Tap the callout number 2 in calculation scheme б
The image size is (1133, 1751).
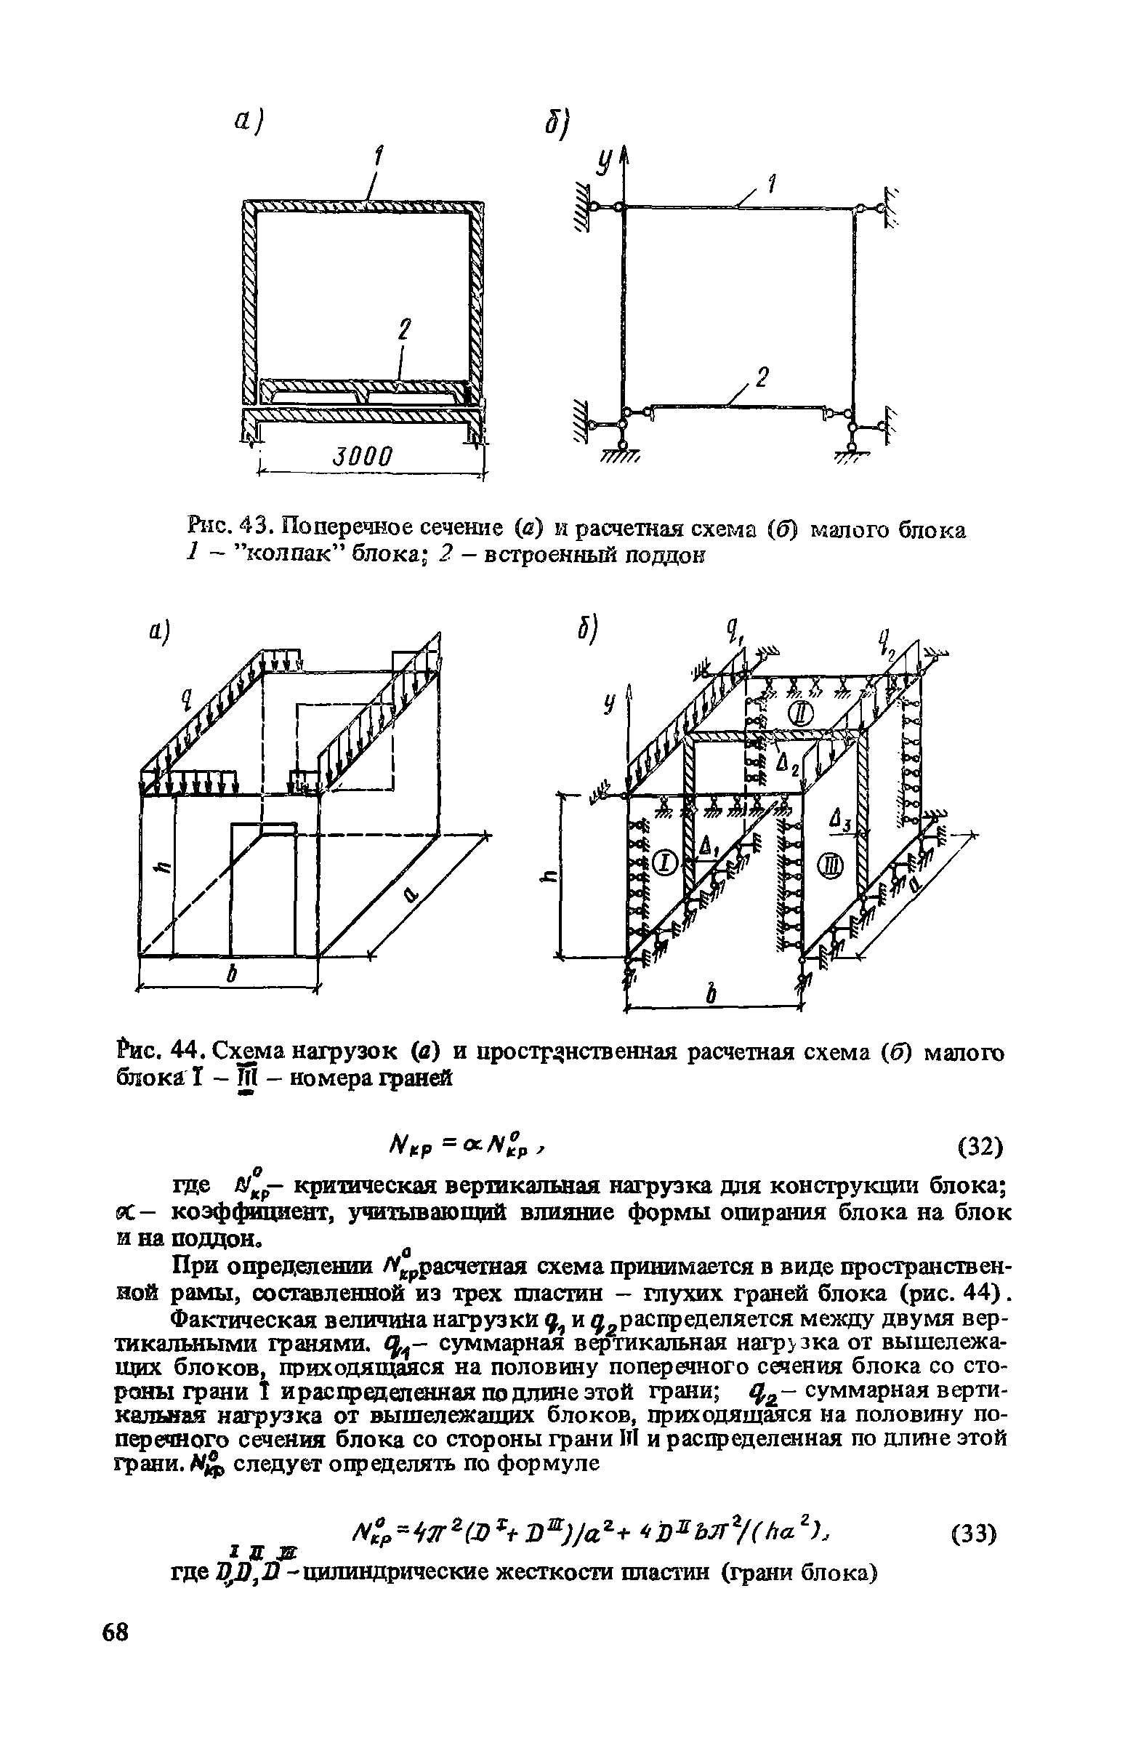761,379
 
